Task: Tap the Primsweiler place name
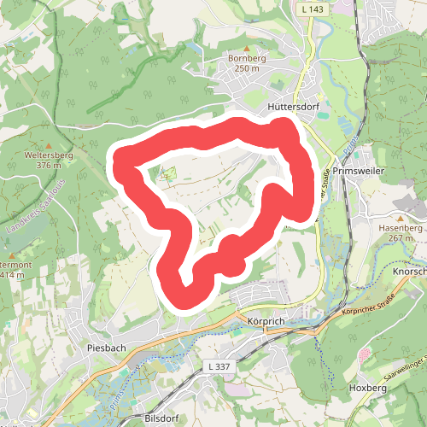click(x=361, y=171)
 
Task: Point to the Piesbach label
click(x=107, y=348)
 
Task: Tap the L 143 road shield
click(x=310, y=8)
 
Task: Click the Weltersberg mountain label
click(x=50, y=155)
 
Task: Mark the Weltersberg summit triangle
click(x=50, y=145)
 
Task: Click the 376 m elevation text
click(x=50, y=166)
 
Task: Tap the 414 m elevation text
click(x=10, y=275)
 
